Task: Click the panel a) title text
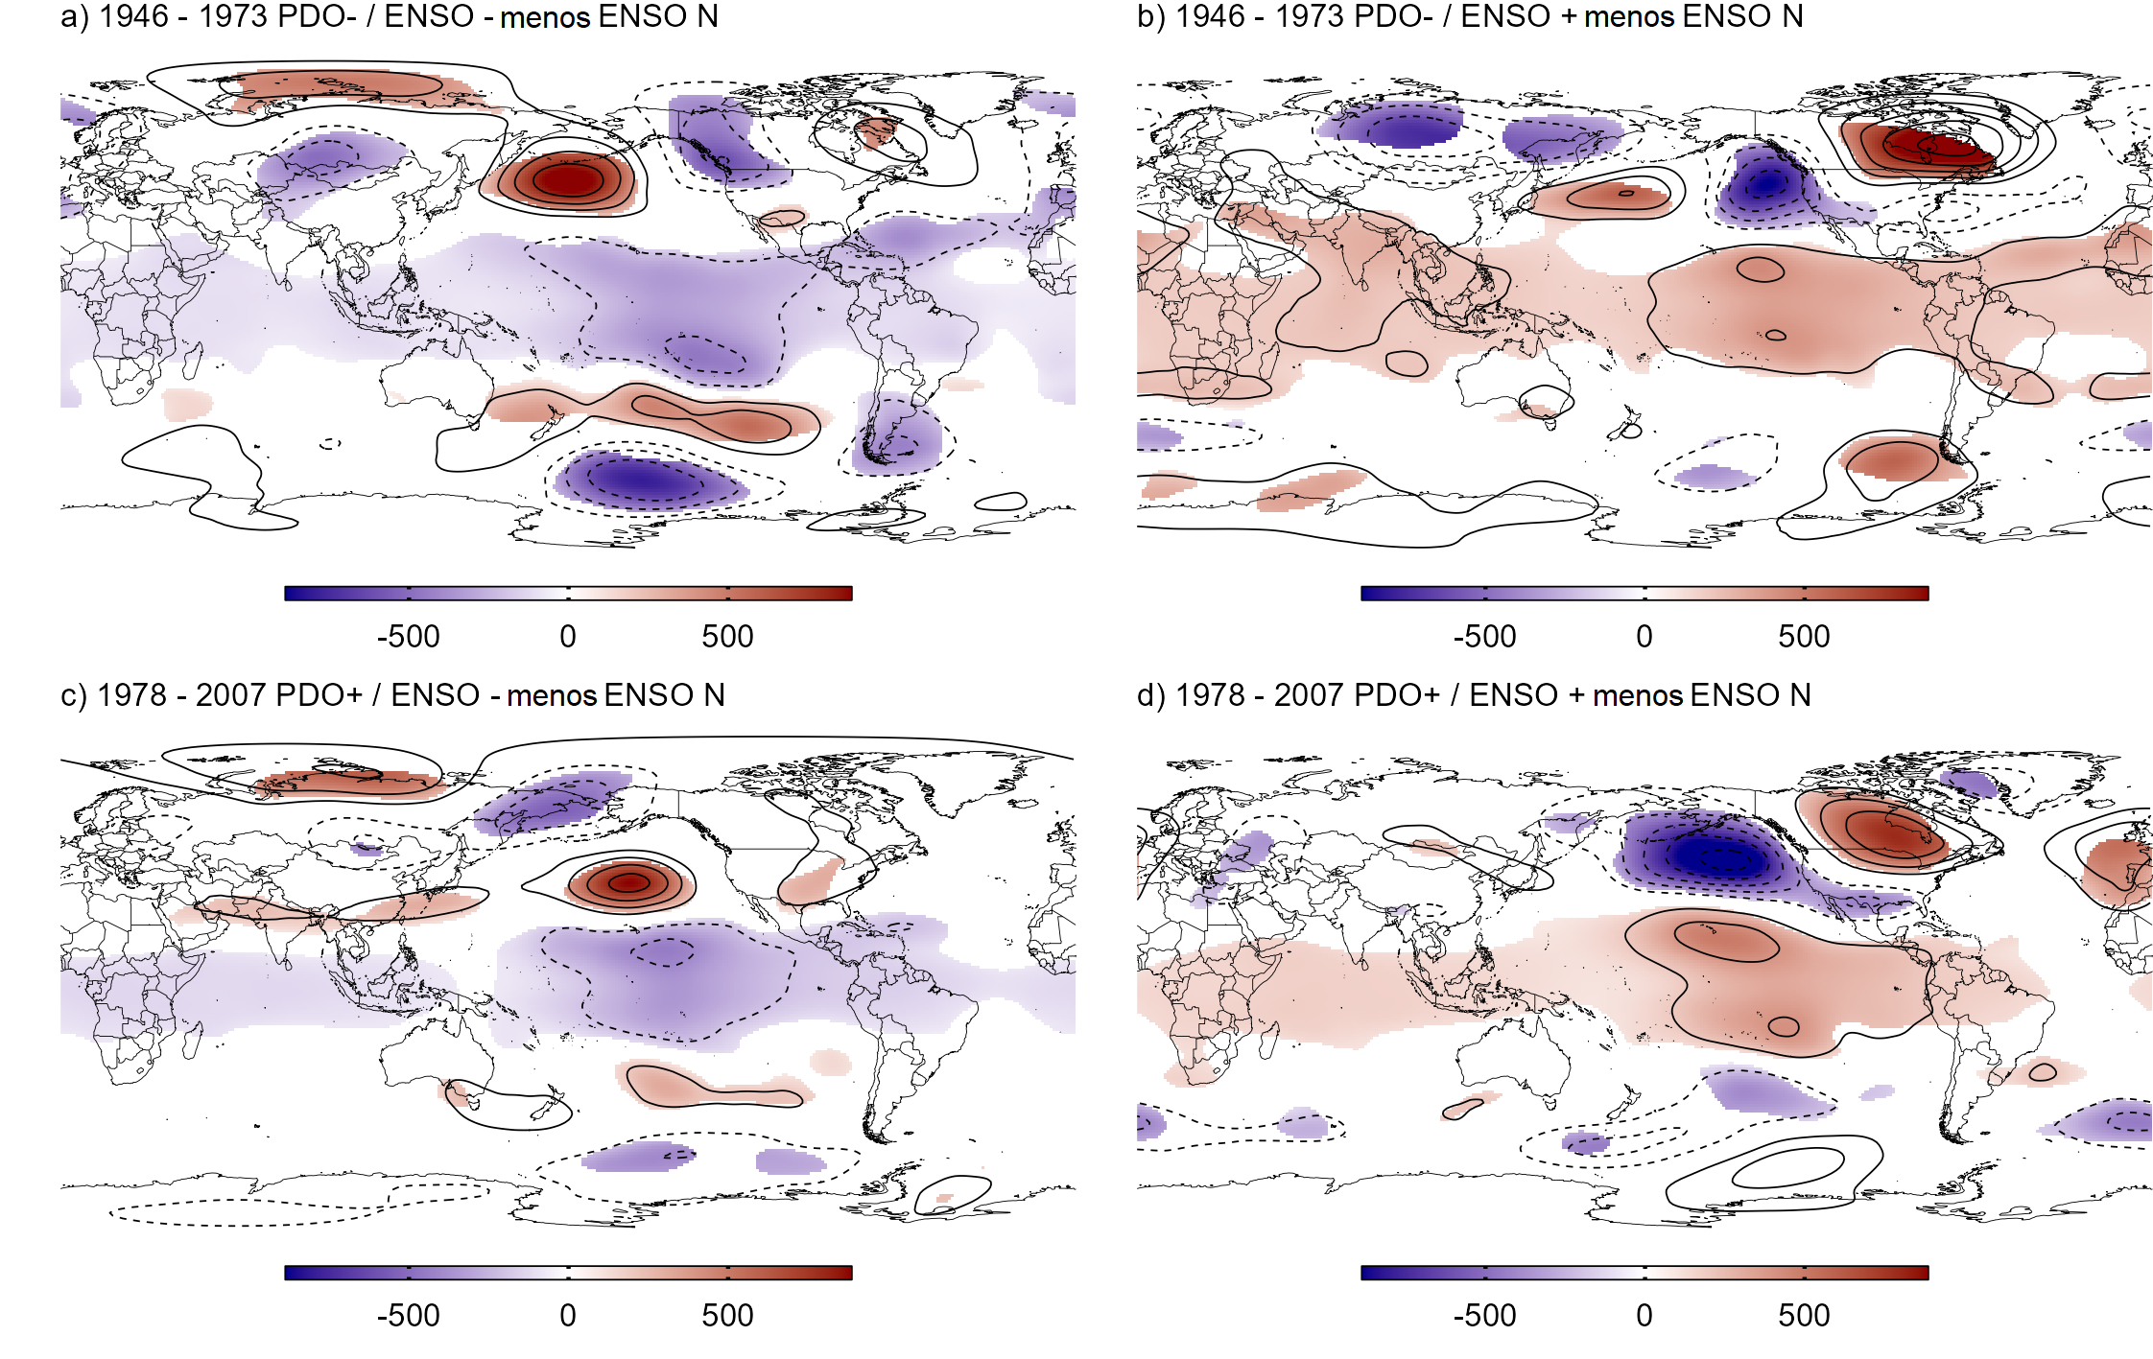(x=389, y=17)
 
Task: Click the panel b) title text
(x=1470, y=17)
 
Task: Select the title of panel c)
(x=391, y=695)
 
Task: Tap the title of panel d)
(x=1474, y=695)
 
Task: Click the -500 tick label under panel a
(x=408, y=637)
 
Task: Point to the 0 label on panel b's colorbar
(x=1644, y=637)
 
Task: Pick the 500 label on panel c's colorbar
(x=727, y=1316)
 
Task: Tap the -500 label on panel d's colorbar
(x=1484, y=1316)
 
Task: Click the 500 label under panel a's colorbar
(x=727, y=637)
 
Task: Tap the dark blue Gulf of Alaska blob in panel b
(x=1763, y=182)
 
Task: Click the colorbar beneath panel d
(x=1644, y=1273)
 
